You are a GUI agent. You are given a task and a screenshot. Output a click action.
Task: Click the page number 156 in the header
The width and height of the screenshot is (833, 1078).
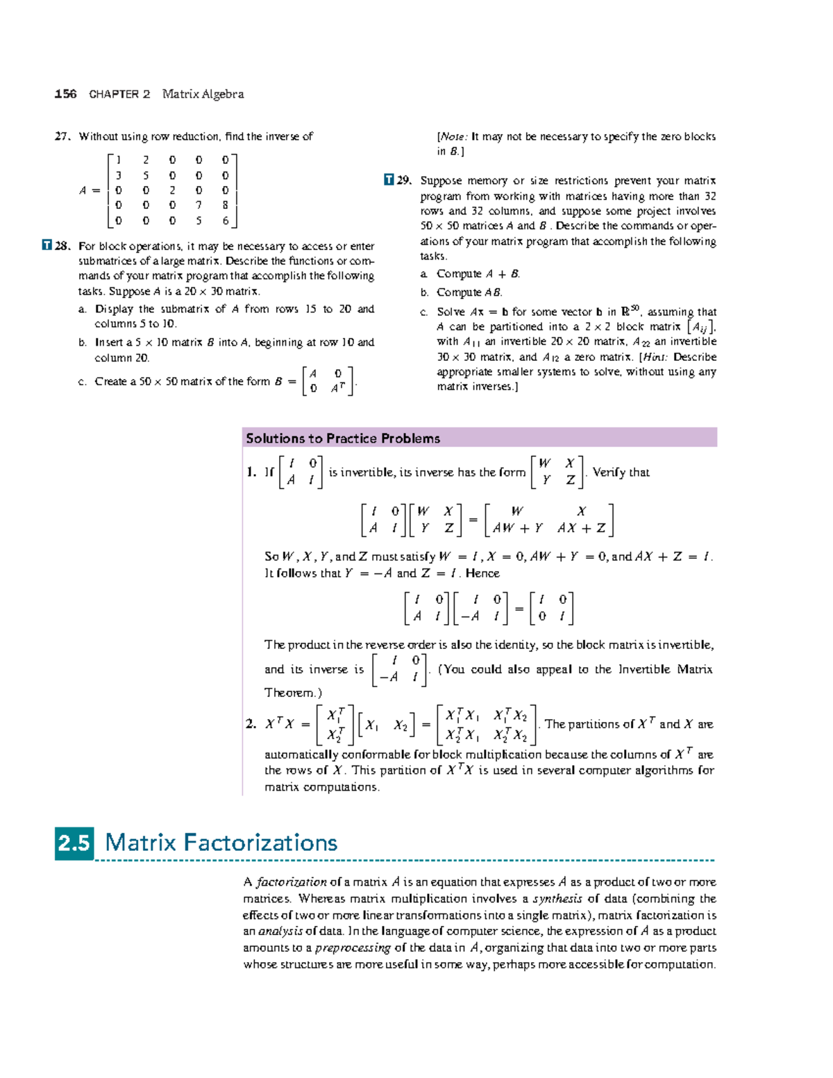(x=65, y=94)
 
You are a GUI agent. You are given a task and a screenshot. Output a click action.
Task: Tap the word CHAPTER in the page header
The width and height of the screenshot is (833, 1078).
(x=114, y=94)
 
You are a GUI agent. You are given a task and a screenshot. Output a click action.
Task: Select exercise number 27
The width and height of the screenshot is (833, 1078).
(x=62, y=137)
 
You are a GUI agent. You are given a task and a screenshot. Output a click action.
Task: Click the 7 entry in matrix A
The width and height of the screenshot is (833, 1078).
(x=199, y=205)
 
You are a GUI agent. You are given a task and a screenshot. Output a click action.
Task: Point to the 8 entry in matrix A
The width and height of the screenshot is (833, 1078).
(x=225, y=205)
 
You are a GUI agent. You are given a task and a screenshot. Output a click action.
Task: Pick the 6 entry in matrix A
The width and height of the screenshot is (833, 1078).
(x=225, y=221)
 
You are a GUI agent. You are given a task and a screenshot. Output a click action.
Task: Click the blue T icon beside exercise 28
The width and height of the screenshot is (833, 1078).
(x=47, y=245)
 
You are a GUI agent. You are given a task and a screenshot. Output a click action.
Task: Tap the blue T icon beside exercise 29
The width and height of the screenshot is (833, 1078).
(x=389, y=180)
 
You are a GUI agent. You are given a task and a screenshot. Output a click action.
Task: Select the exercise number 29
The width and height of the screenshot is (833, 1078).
(x=405, y=180)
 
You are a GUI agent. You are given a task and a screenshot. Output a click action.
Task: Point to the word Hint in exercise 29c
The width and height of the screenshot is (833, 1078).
(x=653, y=357)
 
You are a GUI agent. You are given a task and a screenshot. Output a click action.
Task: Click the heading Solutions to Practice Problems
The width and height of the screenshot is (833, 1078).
(x=343, y=438)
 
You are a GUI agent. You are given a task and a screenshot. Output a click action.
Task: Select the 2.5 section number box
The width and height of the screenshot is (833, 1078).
(x=74, y=843)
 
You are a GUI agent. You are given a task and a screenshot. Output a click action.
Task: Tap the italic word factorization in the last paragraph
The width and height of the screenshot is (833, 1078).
(x=292, y=882)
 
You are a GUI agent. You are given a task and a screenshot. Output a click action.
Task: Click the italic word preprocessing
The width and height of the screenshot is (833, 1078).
(x=353, y=948)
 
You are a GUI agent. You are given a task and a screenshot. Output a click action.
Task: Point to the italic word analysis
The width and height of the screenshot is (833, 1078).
(x=280, y=932)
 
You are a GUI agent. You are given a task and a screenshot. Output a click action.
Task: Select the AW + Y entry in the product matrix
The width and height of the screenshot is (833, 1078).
(x=518, y=528)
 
